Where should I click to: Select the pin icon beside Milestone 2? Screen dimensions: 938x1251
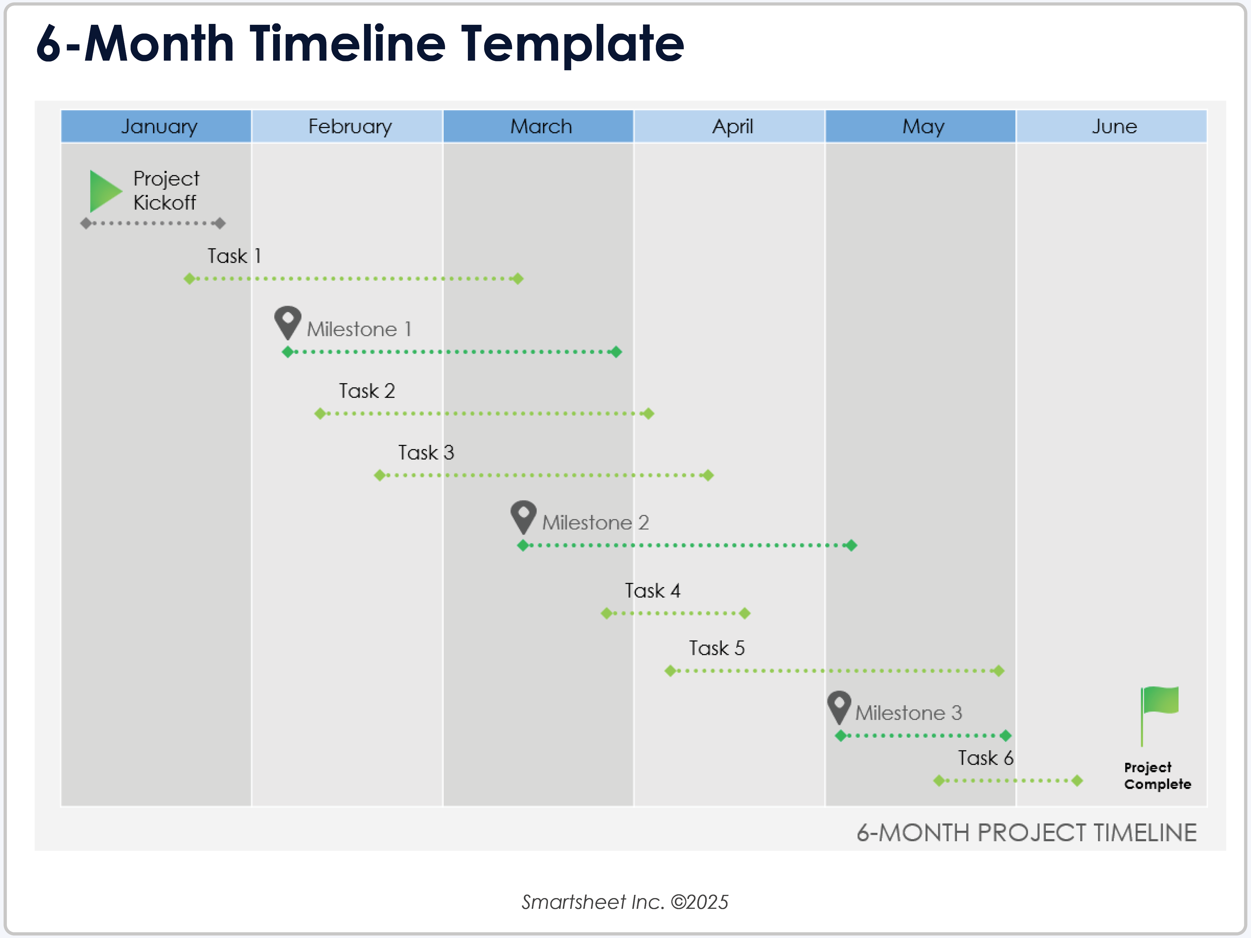click(523, 516)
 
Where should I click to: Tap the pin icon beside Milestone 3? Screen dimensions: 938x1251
click(839, 706)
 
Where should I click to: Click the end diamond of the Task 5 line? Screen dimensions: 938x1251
click(999, 671)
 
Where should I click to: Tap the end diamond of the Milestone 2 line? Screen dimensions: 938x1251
click(851, 545)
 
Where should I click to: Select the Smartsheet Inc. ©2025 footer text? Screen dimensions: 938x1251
click(625, 902)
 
